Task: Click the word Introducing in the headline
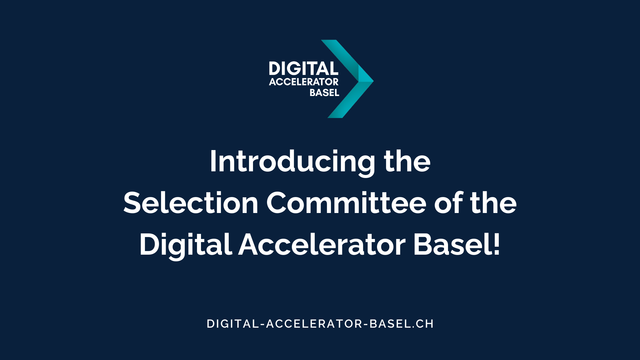pyautogui.click(x=292, y=162)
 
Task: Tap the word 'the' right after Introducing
pyautogui.click(x=407, y=161)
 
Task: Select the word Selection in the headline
pyautogui.click(x=191, y=203)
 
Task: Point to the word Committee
pyautogui.click(x=346, y=203)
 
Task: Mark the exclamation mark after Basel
pyautogui.click(x=497, y=244)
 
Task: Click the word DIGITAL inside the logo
pyautogui.click(x=303, y=69)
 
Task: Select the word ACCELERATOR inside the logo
pyautogui.click(x=304, y=82)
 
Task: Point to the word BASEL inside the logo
pyautogui.click(x=324, y=93)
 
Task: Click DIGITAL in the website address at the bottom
pyautogui.click(x=233, y=324)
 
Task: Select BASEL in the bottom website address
pyautogui.click(x=390, y=324)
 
